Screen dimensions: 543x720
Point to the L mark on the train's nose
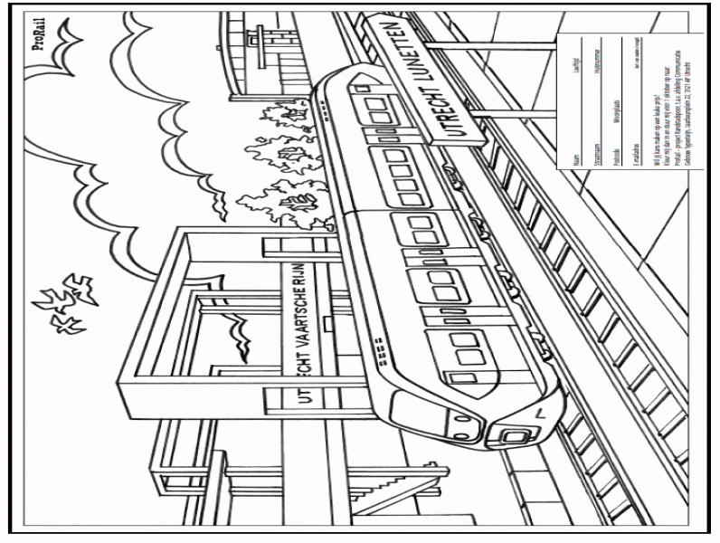(x=540, y=412)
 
